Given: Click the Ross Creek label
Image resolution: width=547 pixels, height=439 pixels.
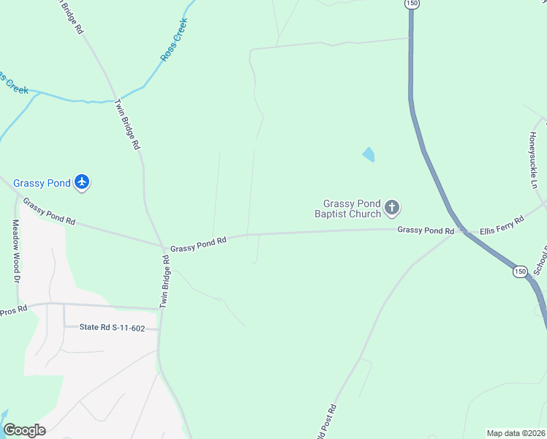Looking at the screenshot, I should click(x=175, y=40).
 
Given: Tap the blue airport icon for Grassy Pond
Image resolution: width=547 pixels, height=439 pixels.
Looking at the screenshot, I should click(x=82, y=182).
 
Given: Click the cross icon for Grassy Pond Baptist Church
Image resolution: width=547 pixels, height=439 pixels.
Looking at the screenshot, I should click(x=392, y=209).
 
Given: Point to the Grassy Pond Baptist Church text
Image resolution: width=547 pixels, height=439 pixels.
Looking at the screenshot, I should click(x=348, y=209).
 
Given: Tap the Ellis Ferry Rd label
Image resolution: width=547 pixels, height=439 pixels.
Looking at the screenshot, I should click(x=502, y=225).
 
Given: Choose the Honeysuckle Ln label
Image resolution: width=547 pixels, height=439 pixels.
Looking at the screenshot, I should click(x=534, y=160).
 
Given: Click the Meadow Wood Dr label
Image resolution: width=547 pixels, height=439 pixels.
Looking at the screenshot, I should click(x=15, y=251).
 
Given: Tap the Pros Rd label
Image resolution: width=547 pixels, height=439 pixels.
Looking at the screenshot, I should click(x=13, y=310).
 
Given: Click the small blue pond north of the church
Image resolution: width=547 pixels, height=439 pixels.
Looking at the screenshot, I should click(x=369, y=154).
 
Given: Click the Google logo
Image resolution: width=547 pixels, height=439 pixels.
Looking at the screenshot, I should click(x=24, y=430).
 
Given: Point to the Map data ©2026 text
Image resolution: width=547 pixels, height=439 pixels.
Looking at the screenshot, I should click(x=516, y=433).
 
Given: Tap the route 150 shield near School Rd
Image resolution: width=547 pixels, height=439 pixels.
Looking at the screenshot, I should click(x=519, y=271).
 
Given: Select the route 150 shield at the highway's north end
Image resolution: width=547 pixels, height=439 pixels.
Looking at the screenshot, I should click(x=412, y=4).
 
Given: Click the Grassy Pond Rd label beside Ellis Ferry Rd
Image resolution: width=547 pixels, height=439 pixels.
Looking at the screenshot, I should click(x=426, y=230).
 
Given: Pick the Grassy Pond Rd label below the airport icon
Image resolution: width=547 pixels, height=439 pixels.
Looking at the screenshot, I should click(x=49, y=211).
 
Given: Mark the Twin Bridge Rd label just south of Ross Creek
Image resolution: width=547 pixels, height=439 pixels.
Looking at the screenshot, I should click(x=126, y=124).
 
